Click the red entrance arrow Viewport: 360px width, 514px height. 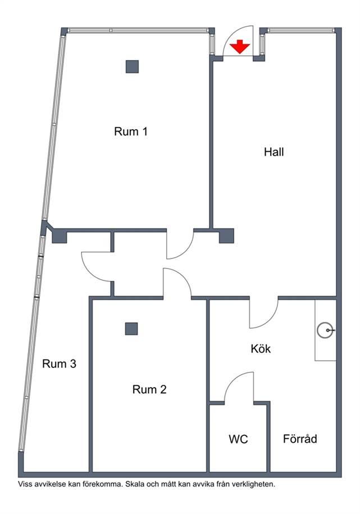240,47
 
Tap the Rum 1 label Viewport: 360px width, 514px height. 131,131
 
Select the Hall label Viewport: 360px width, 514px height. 274,152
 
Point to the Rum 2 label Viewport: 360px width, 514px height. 149,389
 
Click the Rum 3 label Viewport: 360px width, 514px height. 60,363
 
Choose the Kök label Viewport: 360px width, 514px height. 261,348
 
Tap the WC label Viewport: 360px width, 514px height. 238,439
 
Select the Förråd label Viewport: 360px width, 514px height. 300,439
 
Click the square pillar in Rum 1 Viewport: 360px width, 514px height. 132,66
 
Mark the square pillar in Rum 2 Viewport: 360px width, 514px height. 131,329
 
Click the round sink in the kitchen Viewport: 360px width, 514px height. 326,330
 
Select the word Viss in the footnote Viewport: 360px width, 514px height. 24,484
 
